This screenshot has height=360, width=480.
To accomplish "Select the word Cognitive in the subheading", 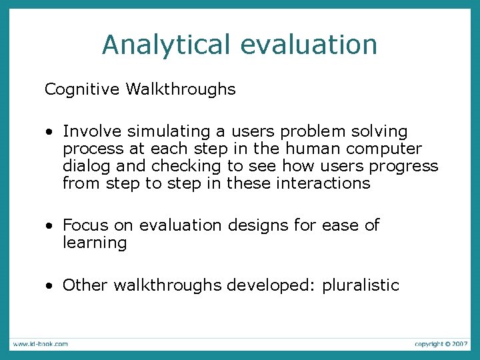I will (81, 89).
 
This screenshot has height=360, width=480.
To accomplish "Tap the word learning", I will (95, 243).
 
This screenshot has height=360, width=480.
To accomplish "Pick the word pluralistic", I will (361, 286).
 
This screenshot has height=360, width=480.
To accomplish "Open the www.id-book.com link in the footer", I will (39, 344).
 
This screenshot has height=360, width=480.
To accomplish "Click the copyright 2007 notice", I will (441, 344).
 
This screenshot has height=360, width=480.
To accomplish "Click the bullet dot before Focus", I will (50, 227).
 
